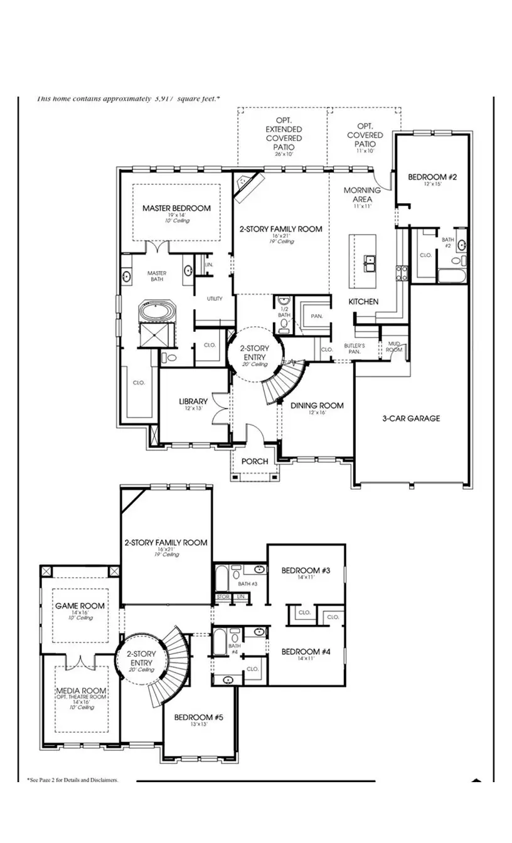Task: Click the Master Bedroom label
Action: tap(176, 208)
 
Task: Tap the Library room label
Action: tap(193, 401)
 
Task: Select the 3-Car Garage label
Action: tap(411, 418)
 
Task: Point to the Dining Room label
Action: tap(317, 405)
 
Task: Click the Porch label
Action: tap(255, 461)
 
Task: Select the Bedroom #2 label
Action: tap(432, 178)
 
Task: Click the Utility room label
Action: tap(215, 299)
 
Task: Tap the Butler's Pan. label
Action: tap(355, 349)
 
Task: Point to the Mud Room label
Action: tap(394, 346)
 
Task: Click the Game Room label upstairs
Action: tap(80, 606)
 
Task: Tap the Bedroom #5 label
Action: tap(198, 718)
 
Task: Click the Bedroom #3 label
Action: tap(306, 570)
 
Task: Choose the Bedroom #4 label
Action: tap(306, 652)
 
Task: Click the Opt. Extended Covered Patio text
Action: tap(284, 134)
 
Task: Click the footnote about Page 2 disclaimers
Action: tap(72, 780)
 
